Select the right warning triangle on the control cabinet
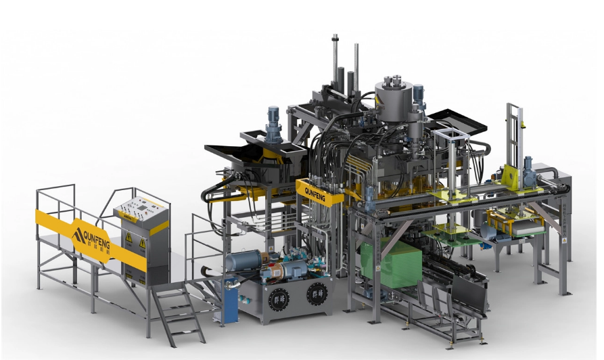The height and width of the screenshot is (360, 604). point(143,242)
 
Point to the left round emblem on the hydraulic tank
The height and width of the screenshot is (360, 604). point(279,298)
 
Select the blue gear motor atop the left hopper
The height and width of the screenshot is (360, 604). point(274,121)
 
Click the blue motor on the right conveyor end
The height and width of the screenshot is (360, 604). point(529,169)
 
